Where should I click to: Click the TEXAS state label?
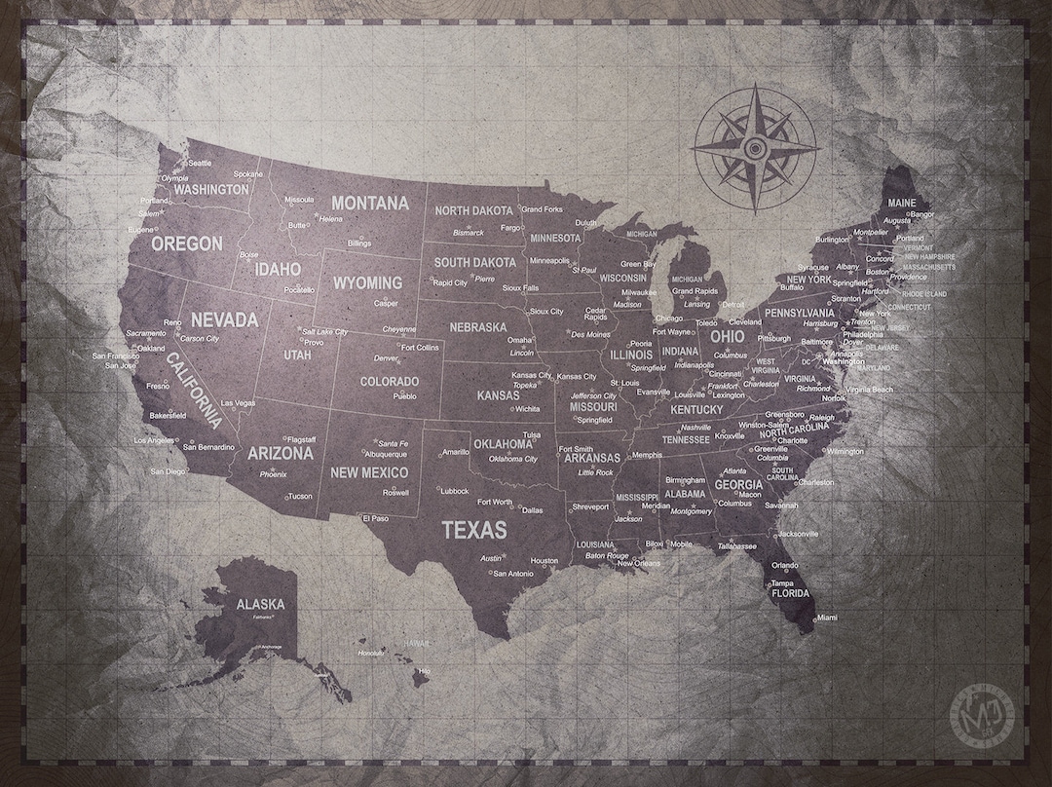(x=474, y=531)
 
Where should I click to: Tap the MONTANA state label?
(x=370, y=204)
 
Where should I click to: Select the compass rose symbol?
(x=754, y=148)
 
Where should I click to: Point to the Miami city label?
(x=826, y=618)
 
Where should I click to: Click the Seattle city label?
(x=199, y=164)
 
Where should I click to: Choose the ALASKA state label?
(x=260, y=604)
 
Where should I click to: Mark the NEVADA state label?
(x=224, y=319)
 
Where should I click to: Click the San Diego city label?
(x=168, y=471)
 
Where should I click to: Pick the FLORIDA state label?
(x=790, y=593)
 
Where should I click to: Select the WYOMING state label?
(x=367, y=283)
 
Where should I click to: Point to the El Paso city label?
(x=375, y=518)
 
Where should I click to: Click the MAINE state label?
(x=901, y=203)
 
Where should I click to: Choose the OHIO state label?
(x=727, y=336)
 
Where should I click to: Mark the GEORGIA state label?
(x=738, y=484)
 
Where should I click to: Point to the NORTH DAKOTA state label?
(x=473, y=210)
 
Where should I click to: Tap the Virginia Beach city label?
(x=869, y=390)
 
